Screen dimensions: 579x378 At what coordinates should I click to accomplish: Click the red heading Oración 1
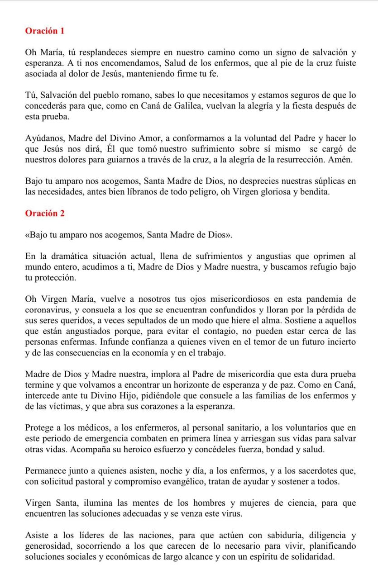(45, 31)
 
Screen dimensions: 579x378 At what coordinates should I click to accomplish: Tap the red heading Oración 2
(45, 214)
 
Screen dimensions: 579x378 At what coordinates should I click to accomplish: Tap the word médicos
(80, 428)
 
